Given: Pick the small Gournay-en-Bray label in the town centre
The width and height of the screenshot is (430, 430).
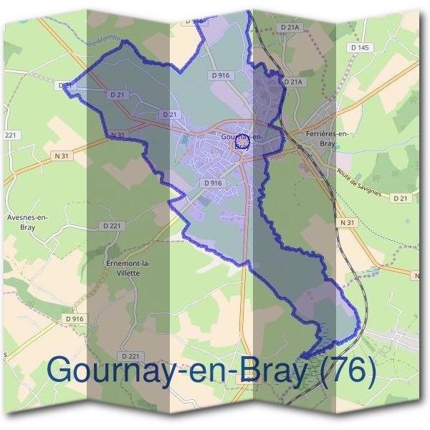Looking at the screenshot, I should coord(242,138).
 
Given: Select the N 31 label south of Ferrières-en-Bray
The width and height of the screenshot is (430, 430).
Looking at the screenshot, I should coord(348,223).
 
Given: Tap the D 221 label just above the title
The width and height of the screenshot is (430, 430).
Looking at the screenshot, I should coord(130,355).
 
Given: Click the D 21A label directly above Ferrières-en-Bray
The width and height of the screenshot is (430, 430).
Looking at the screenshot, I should coord(294,82).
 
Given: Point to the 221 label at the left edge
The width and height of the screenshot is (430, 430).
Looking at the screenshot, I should coord(10,135).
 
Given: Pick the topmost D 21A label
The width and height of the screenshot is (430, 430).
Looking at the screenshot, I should coord(290,27).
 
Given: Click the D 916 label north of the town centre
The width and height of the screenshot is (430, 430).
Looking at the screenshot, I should coord(221,75).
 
